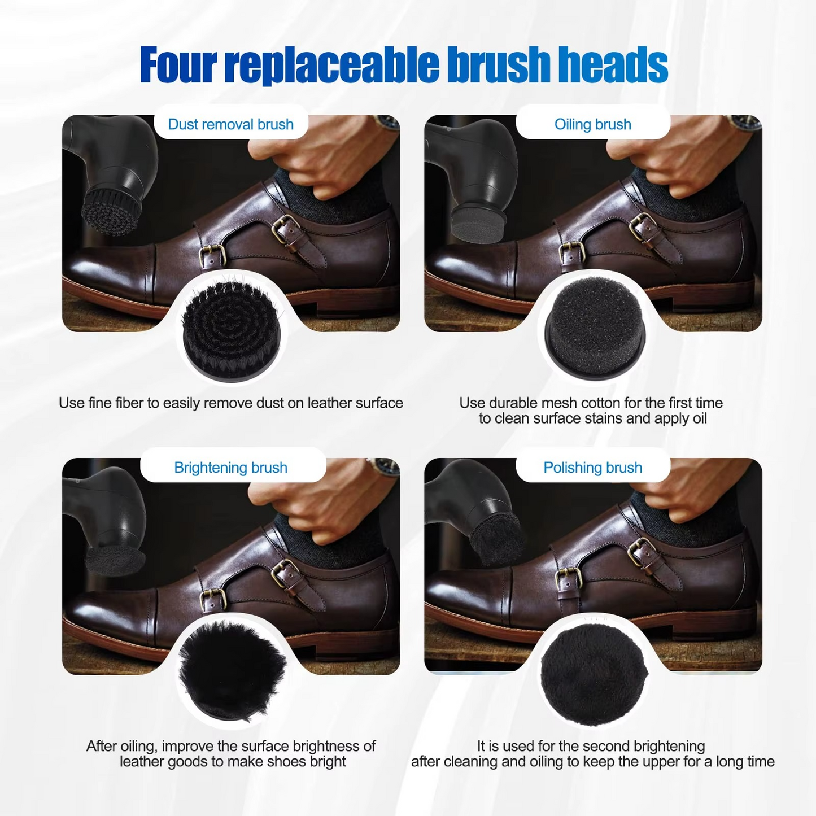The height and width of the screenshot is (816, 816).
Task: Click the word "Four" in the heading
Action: pos(178,64)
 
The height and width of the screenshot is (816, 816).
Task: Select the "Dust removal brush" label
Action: pos(231,124)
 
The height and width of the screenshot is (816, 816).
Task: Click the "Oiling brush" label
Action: pos(593,124)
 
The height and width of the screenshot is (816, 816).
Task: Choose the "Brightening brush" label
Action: pos(231,468)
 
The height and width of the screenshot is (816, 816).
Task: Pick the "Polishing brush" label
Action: pos(593,468)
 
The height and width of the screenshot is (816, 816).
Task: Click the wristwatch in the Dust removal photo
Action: pos(387,122)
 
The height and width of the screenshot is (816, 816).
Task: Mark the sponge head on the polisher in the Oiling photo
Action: pos(478,224)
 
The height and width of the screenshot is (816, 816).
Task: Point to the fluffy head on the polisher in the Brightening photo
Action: pos(115,560)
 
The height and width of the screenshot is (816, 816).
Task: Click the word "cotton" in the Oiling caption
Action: pos(588,403)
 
